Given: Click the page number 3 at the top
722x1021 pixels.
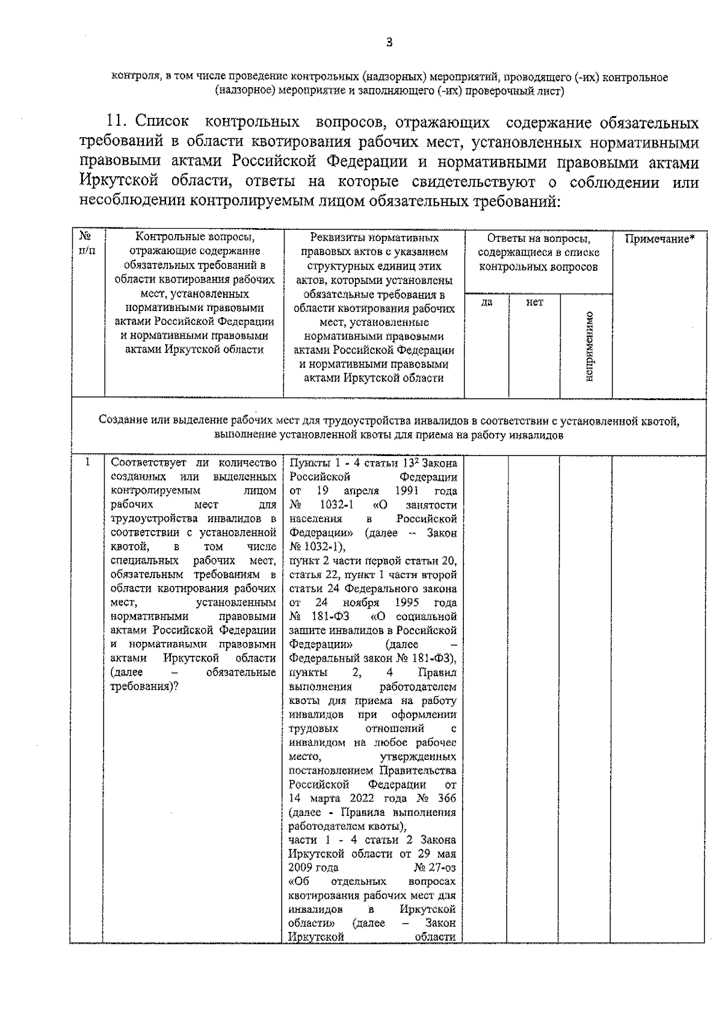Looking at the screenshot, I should (x=389, y=42).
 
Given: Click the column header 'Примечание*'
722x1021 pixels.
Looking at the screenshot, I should (x=659, y=238).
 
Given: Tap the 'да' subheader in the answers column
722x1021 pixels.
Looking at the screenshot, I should (x=487, y=303).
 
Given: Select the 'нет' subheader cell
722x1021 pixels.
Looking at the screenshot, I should (x=534, y=303).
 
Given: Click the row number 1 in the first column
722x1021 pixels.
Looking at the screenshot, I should (x=88, y=462).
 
